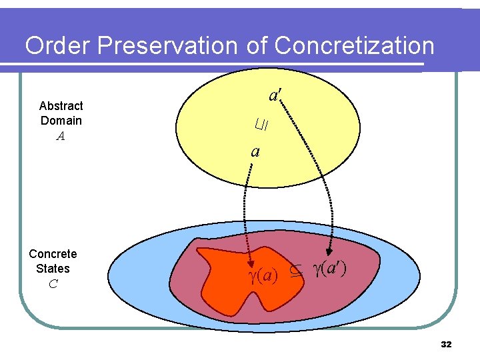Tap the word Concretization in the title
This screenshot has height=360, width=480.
pos(354,46)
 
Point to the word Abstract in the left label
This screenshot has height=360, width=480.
pos(61,106)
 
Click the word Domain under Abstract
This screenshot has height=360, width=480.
pos(61,121)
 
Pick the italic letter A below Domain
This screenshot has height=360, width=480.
pos(61,136)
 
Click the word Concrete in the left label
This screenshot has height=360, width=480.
pos(53,254)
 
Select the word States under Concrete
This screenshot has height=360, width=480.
pos(53,269)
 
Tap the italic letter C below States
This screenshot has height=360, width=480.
pos(53,284)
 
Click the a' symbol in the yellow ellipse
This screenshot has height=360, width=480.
pos(274,95)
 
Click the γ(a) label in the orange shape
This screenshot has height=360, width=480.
pos(263,274)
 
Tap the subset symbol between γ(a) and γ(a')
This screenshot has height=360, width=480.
pos(296,272)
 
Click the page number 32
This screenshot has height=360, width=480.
pos(446,345)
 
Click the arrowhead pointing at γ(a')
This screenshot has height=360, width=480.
pos(329,257)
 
